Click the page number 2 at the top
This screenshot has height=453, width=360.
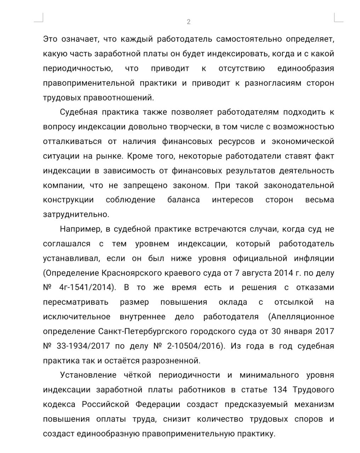click(189, 22)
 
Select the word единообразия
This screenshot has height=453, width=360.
click(305, 68)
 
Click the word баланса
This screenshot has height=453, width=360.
click(183, 200)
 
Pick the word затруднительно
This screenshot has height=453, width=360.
click(76, 214)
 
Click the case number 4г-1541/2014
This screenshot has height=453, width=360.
click(87, 288)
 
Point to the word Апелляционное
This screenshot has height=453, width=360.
click(301, 316)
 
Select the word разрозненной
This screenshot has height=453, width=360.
click(171, 361)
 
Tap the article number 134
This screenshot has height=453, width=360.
click(280, 390)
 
